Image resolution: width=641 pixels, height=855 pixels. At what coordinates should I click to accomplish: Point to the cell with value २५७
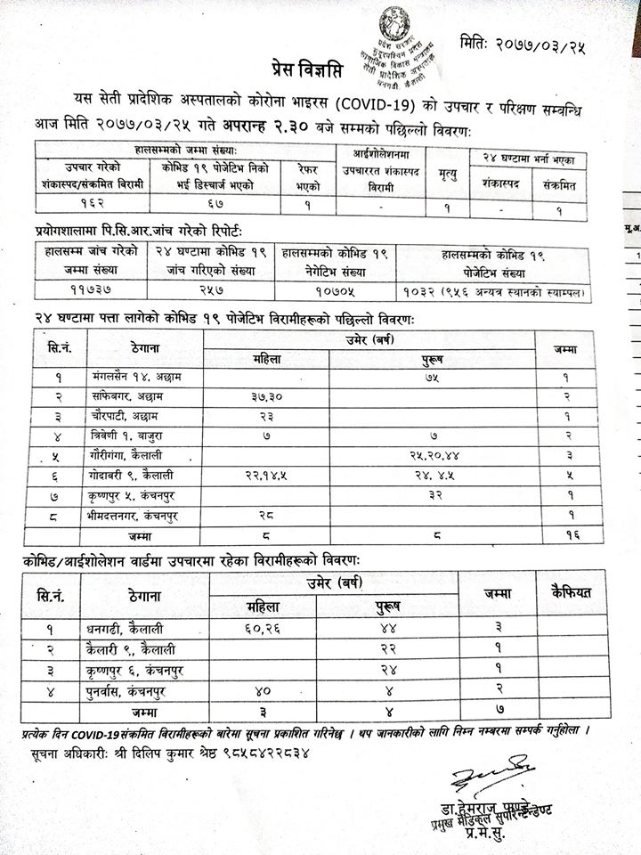[x=210, y=291]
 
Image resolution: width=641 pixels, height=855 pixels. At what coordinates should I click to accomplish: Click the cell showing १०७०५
[x=335, y=291]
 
